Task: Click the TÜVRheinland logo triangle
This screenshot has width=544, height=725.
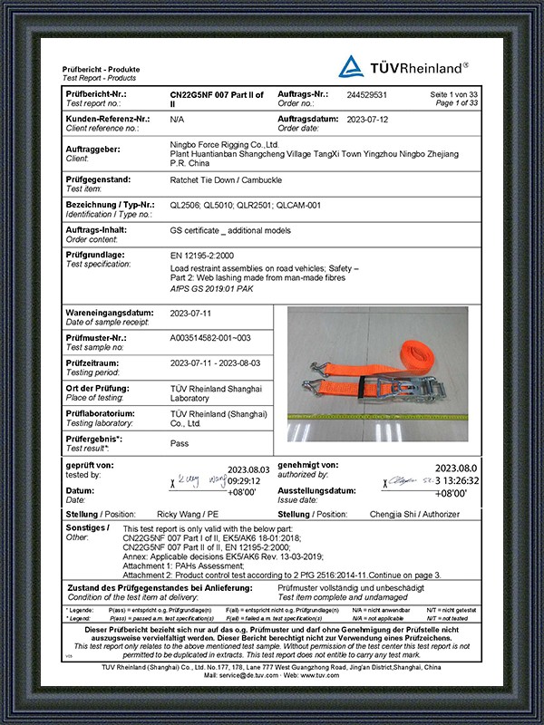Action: (352, 66)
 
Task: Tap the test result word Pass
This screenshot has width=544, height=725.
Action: (180, 444)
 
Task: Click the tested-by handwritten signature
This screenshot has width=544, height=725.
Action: (197, 477)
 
